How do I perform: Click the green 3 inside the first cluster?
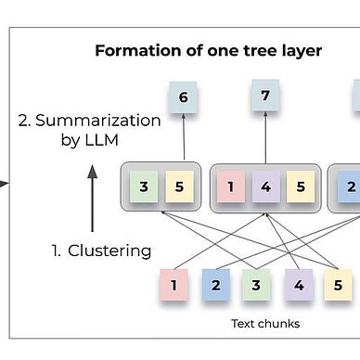point(144,186)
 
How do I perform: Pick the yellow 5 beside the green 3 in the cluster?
point(181,186)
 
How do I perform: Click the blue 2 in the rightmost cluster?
point(349,186)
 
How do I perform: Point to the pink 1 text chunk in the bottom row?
point(173,285)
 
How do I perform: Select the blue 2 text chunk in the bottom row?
point(215,285)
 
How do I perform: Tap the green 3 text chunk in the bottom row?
point(257,285)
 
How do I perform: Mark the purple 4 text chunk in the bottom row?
point(299,285)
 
